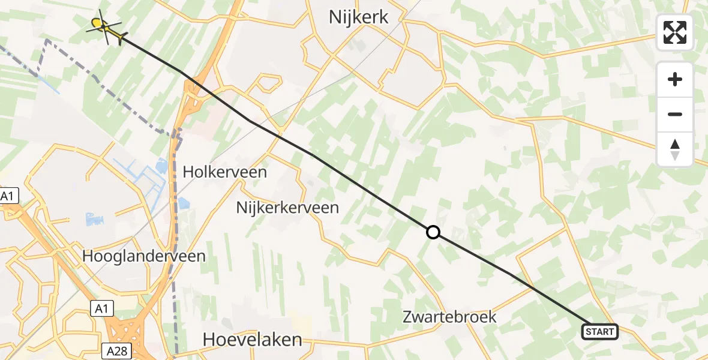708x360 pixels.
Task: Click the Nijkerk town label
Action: tap(359, 17)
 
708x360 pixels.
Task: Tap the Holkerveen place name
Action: tap(224, 173)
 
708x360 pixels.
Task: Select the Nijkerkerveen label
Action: tap(287, 208)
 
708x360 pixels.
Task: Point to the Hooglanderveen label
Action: tap(144, 256)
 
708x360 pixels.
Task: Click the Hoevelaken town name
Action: tap(252, 340)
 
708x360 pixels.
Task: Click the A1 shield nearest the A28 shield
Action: tap(102, 308)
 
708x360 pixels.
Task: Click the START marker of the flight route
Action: tap(599, 332)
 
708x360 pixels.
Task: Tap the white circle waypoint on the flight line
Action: tap(433, 232)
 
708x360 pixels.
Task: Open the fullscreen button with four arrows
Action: tap(675, 32)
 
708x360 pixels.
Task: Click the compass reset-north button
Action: tap(675, 149)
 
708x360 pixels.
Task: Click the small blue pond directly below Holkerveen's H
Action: tap(184, 204)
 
